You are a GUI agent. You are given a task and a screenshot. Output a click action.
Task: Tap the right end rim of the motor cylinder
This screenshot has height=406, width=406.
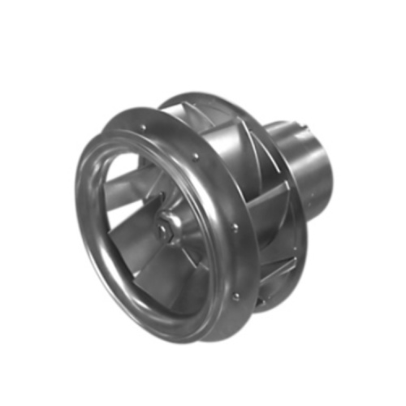tap(332, 171)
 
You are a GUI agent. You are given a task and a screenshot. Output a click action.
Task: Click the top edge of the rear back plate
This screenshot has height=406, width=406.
tap(195, 101)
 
